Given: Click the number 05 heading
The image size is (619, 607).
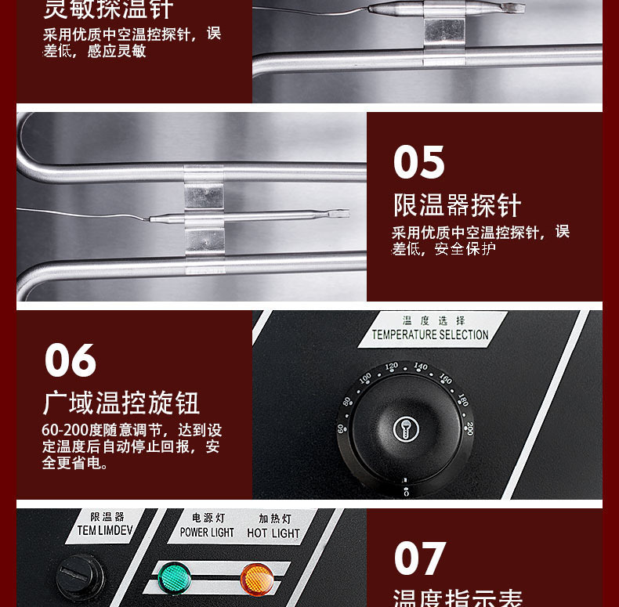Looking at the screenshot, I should click(418, 162).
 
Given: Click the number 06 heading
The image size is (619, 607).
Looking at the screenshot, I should click(71, 360).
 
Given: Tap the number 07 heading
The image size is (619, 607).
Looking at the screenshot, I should click(420, 558).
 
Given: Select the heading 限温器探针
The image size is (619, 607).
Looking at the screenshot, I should click(457, 205).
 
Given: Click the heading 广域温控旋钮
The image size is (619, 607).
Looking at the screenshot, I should click(121, 403).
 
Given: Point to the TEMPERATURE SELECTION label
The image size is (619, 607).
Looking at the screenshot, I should click(430, 334).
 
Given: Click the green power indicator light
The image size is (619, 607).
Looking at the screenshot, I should click(173, 578).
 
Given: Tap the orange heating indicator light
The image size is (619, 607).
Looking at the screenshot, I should click(256, 578).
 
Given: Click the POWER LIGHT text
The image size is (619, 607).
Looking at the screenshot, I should click(207, 533).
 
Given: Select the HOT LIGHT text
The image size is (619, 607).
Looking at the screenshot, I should click(273, 533).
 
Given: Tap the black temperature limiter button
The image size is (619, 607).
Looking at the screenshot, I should click(79, 580).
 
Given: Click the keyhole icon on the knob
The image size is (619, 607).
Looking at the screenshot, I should click(406, 429).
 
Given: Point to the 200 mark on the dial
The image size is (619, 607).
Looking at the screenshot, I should click(469, 428).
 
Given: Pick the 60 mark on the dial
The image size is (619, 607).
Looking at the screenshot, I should click(342, 428).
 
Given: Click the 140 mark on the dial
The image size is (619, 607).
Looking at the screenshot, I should click(421, 367).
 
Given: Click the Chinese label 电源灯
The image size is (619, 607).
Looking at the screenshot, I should click(208, 518).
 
